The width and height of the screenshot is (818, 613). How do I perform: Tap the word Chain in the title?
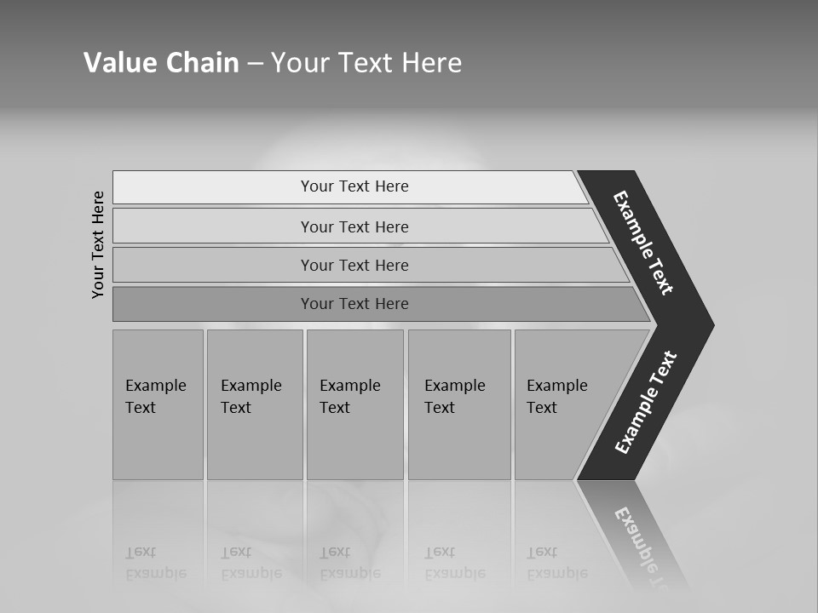click(x=201, y=63)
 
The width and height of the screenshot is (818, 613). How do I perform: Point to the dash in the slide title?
click(x=255, y=64)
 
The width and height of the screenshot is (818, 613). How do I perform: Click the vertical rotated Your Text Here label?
click(x=98, y=244)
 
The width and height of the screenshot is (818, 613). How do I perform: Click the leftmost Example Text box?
click(x=158, y=404)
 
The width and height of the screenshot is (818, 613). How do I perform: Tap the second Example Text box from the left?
click(x=254, y=404)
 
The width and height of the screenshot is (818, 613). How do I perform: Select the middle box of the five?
click(x=354, y=404)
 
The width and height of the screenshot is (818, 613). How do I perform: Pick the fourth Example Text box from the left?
click(x=458, y=404)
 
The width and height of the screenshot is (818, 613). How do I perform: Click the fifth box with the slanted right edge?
click(x=562, y=404)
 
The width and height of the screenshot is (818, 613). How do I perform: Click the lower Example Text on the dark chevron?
click(x=646, y=403)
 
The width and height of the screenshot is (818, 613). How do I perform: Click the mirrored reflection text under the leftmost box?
click(x=155, y=563)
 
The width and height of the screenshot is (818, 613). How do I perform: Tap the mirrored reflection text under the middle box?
click(x=349, y=563)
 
